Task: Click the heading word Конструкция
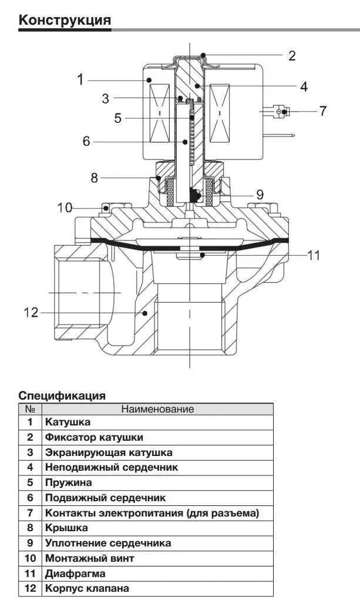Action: click(x=65, y=21)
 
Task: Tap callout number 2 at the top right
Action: click(x=292, y=56)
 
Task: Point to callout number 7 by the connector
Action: click(x=322, y=110)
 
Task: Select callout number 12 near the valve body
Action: click(x=31, y=313)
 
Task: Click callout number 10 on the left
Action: click(x=64, y=207)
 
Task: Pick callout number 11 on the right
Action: click(x=314, y=255)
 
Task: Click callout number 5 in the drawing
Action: click(x=117, y=118)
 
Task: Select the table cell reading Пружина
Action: click(x=68, y=483)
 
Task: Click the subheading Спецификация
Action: click(x=62, y=395)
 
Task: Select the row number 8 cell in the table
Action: click(x=30, y=528)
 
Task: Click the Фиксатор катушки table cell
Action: click(x=94, y=438)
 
